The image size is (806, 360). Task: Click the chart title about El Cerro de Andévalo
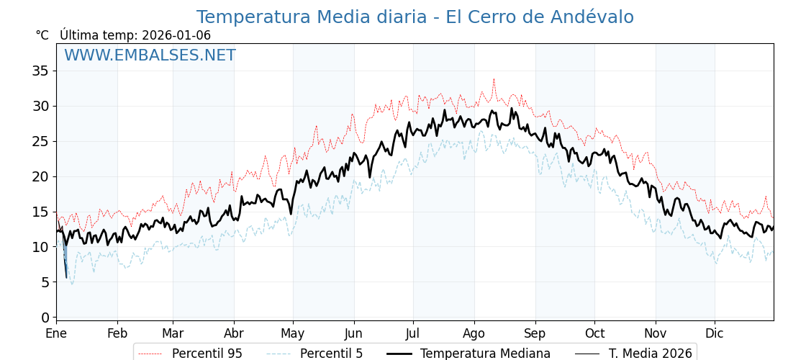pos(415,17)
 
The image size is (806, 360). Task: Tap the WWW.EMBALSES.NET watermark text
pos(150,55)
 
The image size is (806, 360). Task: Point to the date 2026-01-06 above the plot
pos(176,35)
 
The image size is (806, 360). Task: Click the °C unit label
pos(42,35)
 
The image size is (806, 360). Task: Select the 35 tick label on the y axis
pos(40,71)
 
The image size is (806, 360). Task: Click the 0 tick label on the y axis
pos(45,318)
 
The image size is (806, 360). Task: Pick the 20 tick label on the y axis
pos(40,176)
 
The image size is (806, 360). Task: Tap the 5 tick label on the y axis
pos(45,282)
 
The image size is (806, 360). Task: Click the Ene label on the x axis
pos(56,334)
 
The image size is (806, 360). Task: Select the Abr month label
pos(234,334)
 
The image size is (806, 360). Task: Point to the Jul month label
pos(413,334)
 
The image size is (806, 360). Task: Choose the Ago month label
pos(474,334)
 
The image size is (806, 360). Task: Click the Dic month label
pos(715,334)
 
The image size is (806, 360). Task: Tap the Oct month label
pos(594,334)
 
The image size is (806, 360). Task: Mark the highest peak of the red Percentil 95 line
pos(494,79)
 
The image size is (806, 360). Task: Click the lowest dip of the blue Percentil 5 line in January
pos(72,284)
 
